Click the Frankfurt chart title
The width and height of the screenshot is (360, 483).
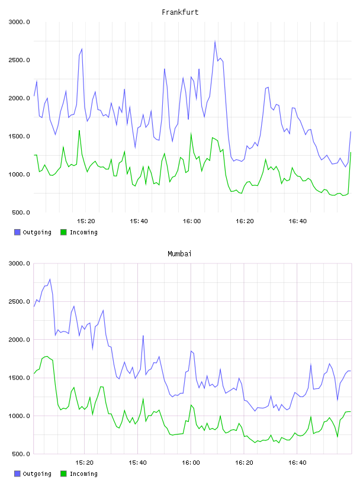[180, 12]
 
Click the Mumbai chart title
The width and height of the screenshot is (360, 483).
[179, 254]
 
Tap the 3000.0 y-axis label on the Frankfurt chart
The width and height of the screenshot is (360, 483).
[19, 22]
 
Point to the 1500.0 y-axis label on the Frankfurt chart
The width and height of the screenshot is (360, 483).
[19, 136]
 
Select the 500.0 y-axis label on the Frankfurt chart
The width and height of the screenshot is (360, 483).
[21, 212]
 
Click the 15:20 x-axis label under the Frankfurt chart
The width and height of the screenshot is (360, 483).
[86, 221]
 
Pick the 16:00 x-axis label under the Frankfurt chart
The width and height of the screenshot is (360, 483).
[192, 221]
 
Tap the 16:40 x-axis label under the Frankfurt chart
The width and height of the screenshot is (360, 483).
[298, 221]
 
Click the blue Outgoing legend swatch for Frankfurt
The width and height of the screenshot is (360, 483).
[17, 232]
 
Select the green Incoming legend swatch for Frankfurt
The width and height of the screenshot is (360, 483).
[63, 232]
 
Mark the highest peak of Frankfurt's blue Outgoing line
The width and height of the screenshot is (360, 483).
[215, 41]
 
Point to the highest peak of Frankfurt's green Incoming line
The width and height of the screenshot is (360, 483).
[79, 131]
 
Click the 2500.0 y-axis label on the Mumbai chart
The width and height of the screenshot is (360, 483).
[19, 301]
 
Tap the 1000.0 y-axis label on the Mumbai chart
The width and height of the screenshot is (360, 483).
[19, 416]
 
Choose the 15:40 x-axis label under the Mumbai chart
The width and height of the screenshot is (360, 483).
[137, 463]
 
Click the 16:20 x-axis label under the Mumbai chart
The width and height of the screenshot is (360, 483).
[244, 463]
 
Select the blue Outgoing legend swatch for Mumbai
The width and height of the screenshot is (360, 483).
[17, 474]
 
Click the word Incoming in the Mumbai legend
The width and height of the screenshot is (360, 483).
[83, 474]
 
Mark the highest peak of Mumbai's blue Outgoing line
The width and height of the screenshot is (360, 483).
[50, 279]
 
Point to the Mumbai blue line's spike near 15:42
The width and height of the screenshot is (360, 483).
[143, 336]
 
